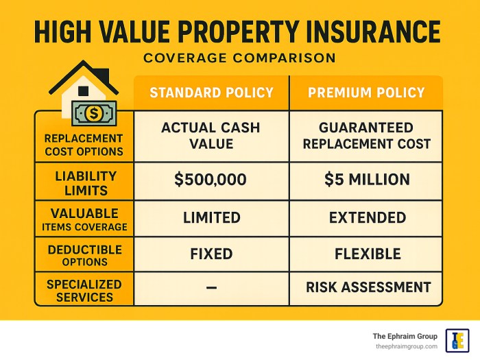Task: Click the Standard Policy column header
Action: click(211, 93)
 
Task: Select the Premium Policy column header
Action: click(366, 93)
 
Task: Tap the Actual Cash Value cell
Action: click(211, 135)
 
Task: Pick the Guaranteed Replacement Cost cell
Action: click(366, 135)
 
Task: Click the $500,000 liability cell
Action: click(211, 180)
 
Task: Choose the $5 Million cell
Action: click(366, 180)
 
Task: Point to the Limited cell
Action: click(211, 217)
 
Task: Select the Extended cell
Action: click(366, 217)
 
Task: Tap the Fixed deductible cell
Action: click(211, 254)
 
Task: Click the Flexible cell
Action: click(366, 254)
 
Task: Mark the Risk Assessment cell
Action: click(366, 287)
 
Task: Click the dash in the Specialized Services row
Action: click(211, 288)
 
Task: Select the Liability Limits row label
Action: click(86, 182)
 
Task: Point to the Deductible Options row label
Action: click(86, 254)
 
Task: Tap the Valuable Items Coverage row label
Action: click(86, 219)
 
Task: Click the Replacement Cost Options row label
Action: click(84, 144)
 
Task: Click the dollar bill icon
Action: click(95, 113)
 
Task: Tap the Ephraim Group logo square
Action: click(457, 339)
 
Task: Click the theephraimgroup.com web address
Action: click(405, 346)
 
